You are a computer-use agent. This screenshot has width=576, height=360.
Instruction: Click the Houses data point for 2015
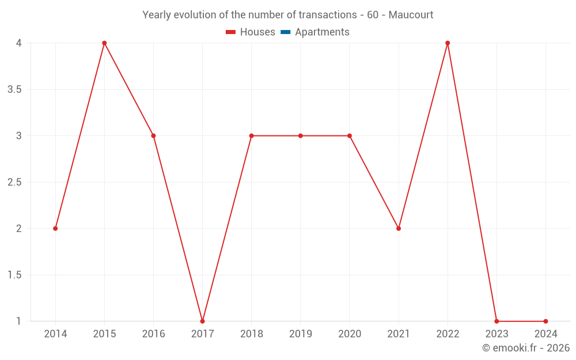[104, 43]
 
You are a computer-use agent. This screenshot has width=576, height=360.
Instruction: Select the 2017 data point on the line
[202, 321]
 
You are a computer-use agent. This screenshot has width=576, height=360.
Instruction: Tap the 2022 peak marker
[448, 43]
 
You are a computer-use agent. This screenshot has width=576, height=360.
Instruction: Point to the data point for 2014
[55, 229]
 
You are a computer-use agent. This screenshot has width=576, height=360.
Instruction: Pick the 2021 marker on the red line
[399, 229]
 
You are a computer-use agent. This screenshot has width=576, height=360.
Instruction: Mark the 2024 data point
[545, 321]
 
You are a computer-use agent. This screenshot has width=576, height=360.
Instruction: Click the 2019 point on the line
[301, 136]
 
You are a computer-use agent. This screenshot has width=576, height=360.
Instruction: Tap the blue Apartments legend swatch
[286, 32]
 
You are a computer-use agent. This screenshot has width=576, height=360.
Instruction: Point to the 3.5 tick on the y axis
[14, 90]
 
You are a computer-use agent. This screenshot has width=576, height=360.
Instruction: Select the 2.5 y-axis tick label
[14, 183]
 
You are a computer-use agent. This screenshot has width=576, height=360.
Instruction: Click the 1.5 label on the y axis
[14, 275]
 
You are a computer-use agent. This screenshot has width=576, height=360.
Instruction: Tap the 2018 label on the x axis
[252, 334]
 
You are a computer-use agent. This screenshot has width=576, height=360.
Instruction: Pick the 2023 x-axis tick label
[497, 334]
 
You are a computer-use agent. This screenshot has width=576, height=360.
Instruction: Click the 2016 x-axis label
[153, 334]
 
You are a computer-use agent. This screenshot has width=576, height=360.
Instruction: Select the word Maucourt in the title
[411, 15]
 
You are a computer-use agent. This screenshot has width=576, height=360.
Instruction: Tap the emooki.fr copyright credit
[525, 348]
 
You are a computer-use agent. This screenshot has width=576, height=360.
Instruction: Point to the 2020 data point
[350, 136]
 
